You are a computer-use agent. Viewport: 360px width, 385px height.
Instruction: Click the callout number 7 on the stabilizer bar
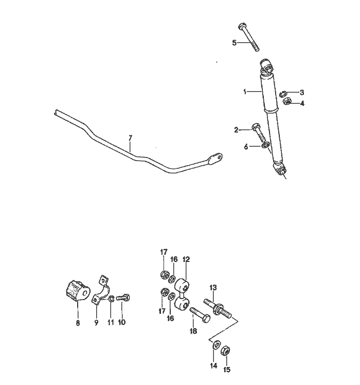(130, 137)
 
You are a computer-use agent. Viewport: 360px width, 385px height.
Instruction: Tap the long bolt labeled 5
(249, 36)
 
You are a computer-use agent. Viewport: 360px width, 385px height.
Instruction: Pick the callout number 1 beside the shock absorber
(245, 92)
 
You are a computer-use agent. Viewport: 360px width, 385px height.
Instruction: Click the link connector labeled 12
(182, 294)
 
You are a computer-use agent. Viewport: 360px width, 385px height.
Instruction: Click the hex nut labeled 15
(226, 351)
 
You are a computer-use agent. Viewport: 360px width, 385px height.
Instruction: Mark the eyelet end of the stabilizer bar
(217, 157)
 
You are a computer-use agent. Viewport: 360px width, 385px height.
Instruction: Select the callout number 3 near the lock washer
(302, 92)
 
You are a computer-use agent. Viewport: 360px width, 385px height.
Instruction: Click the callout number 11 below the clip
(110, 323)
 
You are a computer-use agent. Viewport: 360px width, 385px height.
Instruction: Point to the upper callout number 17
(164, 252)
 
